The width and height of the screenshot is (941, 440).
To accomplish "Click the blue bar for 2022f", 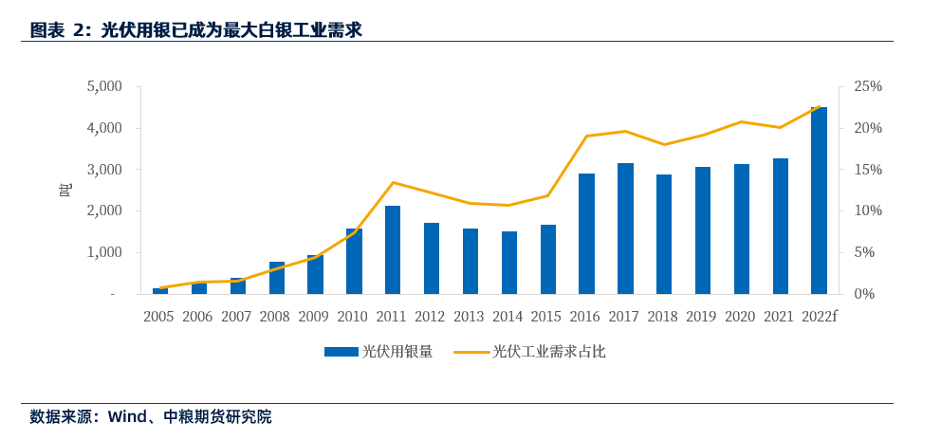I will point(819,201).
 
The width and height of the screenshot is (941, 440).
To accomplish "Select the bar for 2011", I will point(393,250).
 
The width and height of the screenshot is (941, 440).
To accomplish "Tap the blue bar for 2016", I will point(587,234).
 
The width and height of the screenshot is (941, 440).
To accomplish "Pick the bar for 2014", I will point(509,263).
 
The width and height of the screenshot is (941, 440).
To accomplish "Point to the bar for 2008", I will point(276,278).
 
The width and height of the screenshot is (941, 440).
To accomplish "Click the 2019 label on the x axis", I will point(702,317).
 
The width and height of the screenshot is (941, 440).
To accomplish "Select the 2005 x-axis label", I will point(159,317).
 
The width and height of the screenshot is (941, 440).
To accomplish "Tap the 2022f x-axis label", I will point(820,317).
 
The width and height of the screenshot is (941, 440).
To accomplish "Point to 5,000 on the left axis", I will point(104,86).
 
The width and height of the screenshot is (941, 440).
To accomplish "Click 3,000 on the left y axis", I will point(104,170).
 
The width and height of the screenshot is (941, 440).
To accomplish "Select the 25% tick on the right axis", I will point(868,86).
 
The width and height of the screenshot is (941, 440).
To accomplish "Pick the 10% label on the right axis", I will point(868,211).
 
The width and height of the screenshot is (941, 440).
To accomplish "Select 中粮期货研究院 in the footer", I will point(217,416).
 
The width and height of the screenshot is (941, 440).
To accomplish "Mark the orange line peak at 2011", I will point(393,182).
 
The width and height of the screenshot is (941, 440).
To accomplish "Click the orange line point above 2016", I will point(587,136).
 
